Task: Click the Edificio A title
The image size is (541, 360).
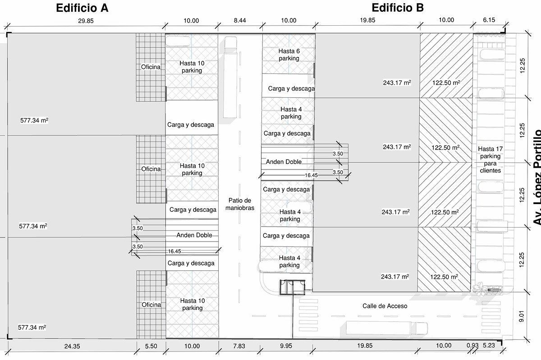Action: (x=82, y=8)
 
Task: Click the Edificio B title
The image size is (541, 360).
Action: (x=398, y=8)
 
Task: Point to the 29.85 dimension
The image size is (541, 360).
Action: (x=86, y=21)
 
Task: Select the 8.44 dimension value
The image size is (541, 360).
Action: (x=240, y=20)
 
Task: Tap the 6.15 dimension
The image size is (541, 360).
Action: (x=489, y=20)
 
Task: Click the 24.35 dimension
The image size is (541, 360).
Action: (x=72, y=346)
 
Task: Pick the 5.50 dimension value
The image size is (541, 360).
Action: (x=151, y=346)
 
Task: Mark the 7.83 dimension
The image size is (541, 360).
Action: (x=239, y=346)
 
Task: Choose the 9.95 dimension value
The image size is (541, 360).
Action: (x=286, y=346)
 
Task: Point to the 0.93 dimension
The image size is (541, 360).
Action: (x=472, y=346)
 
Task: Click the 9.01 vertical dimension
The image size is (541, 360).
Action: (x=521, y=316)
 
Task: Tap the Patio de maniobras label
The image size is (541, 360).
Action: (x=240, y=204)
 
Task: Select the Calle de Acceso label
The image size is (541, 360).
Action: (x=385, y=306)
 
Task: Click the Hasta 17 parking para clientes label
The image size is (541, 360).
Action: (x=491, y=159)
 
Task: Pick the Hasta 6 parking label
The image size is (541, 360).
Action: (x=289, y=55)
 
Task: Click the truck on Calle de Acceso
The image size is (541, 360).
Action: (x=387, y=328)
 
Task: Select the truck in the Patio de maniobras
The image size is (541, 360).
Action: (x=230, y=77)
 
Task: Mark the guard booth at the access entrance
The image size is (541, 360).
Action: (x=293, y=287)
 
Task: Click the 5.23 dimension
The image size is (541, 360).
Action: (x=489, y=346)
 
